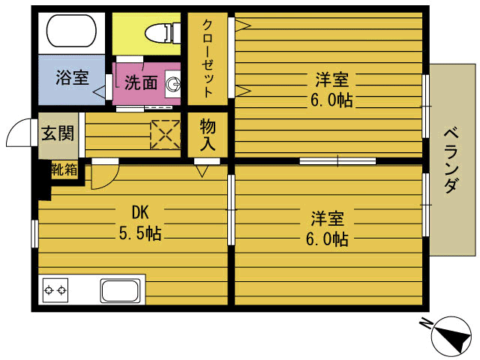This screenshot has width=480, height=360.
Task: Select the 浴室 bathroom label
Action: tap(72, 76)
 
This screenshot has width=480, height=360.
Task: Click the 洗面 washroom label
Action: tap(140, 82)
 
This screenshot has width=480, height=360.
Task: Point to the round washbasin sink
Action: tap(173, 84)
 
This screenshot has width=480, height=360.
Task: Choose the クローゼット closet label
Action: tap(208, 58)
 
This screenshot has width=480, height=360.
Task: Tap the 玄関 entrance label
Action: tap(57, 134)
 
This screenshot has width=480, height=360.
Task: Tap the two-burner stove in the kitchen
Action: tap(55, 289)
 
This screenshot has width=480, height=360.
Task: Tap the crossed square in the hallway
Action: tap(166, 133)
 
